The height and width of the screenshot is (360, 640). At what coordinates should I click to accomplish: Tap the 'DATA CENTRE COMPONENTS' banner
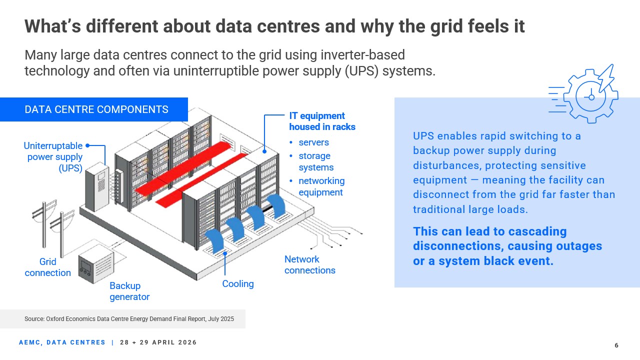click(x=96, y=109)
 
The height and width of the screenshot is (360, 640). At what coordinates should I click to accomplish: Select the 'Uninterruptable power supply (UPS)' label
click(x=53, y=157)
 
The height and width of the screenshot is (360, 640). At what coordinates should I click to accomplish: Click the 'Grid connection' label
click(x=47, y=267)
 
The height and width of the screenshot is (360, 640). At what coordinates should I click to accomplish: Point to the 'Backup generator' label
click(x=129, y=291)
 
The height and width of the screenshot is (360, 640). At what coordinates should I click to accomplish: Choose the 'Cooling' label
click(x=238, y=284)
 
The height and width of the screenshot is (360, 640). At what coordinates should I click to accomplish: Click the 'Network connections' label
click(x=309, y=264)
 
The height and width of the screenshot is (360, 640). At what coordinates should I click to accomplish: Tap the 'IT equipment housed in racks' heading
click(x=322, y=121)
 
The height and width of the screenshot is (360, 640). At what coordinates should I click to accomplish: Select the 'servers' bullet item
click(x=313, y=142)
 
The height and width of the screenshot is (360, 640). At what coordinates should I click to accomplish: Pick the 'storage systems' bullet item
click(x=315, y=161)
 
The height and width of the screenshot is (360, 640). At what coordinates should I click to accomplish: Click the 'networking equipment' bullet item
click(x=321, y=186)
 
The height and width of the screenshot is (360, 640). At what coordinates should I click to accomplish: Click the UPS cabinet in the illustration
click(x=96, y=185)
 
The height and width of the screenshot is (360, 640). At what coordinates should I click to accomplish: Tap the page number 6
click(x=616, y=345)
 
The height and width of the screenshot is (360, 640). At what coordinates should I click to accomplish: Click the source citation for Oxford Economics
click(x=129, y=318)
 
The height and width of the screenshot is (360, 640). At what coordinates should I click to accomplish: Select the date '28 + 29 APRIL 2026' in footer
click(x=158, y=342)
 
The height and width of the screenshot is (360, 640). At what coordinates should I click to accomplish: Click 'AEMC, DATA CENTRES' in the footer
click(x=62, y=342)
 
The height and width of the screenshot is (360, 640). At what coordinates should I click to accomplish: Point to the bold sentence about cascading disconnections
click(x=507, y=246)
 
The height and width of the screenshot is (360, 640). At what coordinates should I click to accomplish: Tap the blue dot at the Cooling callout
click(x=225, y=253)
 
